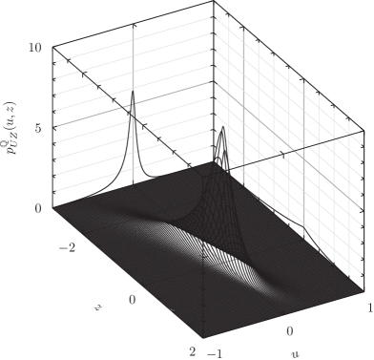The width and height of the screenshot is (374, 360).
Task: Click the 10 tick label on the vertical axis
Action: pyautogui.click(x=35, y=48)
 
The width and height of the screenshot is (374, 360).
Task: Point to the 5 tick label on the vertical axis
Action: pyautogui.click(x=38, y=128)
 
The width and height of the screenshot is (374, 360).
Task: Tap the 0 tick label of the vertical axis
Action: pyautogui.click(x=38, y=208)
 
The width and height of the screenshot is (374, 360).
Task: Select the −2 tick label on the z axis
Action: pyautogui.click(x=67, y=247)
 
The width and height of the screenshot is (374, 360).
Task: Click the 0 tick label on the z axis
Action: pyautogui.click(x=133, y=300)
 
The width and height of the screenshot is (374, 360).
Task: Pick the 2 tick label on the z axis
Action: pyautogui.click(x=193, y=351)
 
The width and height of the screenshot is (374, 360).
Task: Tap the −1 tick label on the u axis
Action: pyautogui.click(x=216, y=353)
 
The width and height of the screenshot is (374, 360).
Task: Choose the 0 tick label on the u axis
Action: pyautogui.click(x=290, y=331)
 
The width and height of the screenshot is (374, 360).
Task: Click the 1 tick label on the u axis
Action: pyautogui.click(x=370, y=307)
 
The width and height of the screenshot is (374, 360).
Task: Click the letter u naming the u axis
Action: pyautogui.click(x=295, y=353)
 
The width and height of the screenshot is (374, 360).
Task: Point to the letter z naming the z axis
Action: pyautogui.click(x=97, y=307)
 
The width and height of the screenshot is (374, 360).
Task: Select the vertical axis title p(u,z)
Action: pyautogui.click(x=10, y=128)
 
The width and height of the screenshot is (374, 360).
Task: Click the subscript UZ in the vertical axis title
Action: pyautogui.click(x=15, y=138)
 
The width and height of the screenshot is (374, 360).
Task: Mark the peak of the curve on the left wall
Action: pyautogui.click(x=133, y=91)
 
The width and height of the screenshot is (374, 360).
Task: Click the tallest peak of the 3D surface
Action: pyautogui.click(x=223, y=127)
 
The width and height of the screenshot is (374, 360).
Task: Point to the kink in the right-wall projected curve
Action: pyautogui.click(x=303, y=227)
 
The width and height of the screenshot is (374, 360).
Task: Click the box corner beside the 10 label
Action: pyautogui.click(x=52, y=47)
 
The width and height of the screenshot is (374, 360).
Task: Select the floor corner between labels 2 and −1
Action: pyautogui.click(x=203, y=338)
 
